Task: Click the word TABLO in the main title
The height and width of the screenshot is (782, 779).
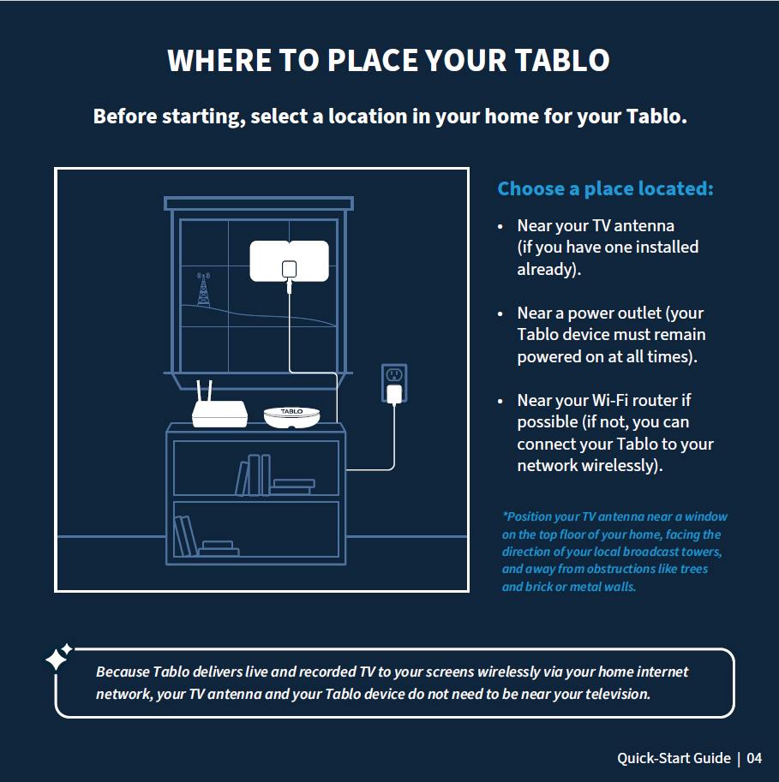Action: click(x=562, y=60)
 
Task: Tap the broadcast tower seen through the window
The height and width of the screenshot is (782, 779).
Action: click(x=203, y=290)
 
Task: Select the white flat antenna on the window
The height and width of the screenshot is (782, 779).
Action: click(x=289, y=261)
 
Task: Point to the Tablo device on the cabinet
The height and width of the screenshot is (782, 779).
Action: click(x=291, y=417)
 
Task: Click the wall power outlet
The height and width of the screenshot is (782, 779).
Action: click(x=394, y=383)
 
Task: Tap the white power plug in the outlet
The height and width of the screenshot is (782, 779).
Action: click(x=394, y=394)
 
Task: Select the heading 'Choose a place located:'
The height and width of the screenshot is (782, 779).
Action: click(x=605, y=188)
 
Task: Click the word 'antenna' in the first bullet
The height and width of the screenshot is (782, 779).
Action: click(x=644, y=226)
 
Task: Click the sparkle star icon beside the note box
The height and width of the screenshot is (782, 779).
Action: click(x=58, y=657)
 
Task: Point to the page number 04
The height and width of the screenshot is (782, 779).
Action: click(x=754, y=758)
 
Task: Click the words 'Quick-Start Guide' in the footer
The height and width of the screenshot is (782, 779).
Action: click(x=674, y=759)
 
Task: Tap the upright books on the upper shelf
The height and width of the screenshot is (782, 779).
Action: click(x=253, y=475)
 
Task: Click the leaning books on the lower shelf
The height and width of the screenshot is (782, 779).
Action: click(x=185, y=536)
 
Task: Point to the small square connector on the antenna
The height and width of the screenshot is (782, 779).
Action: click(x=289, y=269)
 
